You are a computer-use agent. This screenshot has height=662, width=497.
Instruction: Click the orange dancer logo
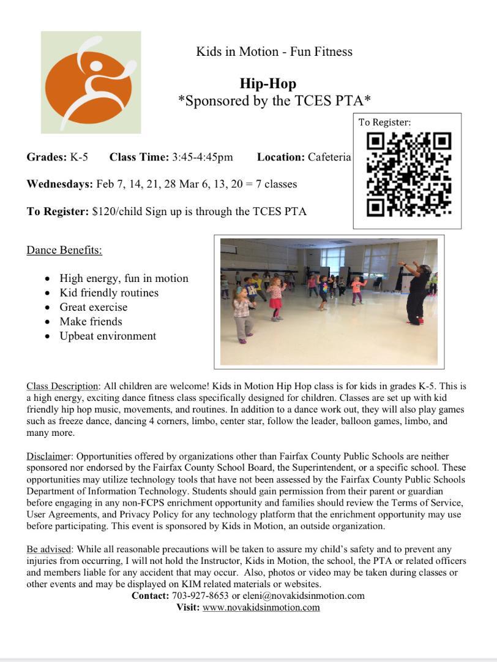click(x=91, y=83)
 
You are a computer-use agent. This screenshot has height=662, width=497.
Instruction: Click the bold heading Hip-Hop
click(x=267, y=84)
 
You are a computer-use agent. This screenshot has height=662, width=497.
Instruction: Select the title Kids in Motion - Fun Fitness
click(x=274, y=51)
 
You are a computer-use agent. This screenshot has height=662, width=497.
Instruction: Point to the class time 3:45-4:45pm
click(x=202, y=158)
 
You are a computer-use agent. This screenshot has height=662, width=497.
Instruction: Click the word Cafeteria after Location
click(x=329, y=158)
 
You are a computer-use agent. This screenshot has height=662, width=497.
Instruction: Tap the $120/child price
click(x=114, y=212)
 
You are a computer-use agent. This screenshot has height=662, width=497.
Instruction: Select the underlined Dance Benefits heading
click(x=64, y=250)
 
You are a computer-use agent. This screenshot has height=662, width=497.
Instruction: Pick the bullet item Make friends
click(x=91, y=322)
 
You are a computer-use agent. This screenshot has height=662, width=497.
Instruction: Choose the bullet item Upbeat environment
click(x=108, y=336)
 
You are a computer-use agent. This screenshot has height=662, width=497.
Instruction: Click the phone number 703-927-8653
click(x=200, y=596)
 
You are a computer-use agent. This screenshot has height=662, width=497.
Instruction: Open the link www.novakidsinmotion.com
click(x=261, y=607)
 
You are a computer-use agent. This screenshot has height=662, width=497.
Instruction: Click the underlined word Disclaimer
click(x=48, y=457)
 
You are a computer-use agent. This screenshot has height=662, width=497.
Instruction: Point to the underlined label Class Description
click(x=62, y=386)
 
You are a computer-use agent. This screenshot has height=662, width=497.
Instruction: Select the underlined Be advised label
click(x=49, y=549)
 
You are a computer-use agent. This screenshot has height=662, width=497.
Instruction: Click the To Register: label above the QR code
click(x=384, y=123)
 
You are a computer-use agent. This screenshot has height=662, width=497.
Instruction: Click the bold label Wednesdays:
click(x=59, y=185)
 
